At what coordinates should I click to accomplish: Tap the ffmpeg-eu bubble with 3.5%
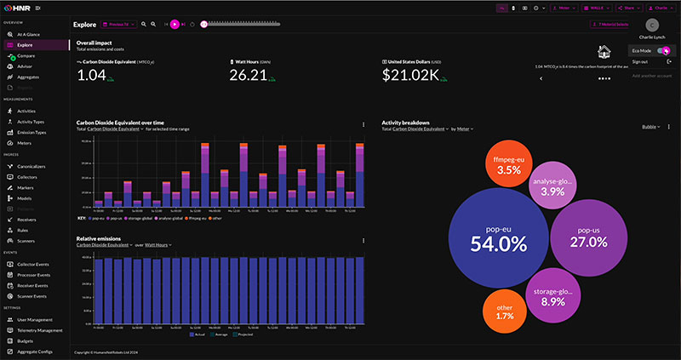click(x=508, y=164)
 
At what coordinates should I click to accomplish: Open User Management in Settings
click(x=35, y=319)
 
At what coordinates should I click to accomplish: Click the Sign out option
click(x=639, y=62)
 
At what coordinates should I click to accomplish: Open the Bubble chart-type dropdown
click(x=651, y=127)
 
